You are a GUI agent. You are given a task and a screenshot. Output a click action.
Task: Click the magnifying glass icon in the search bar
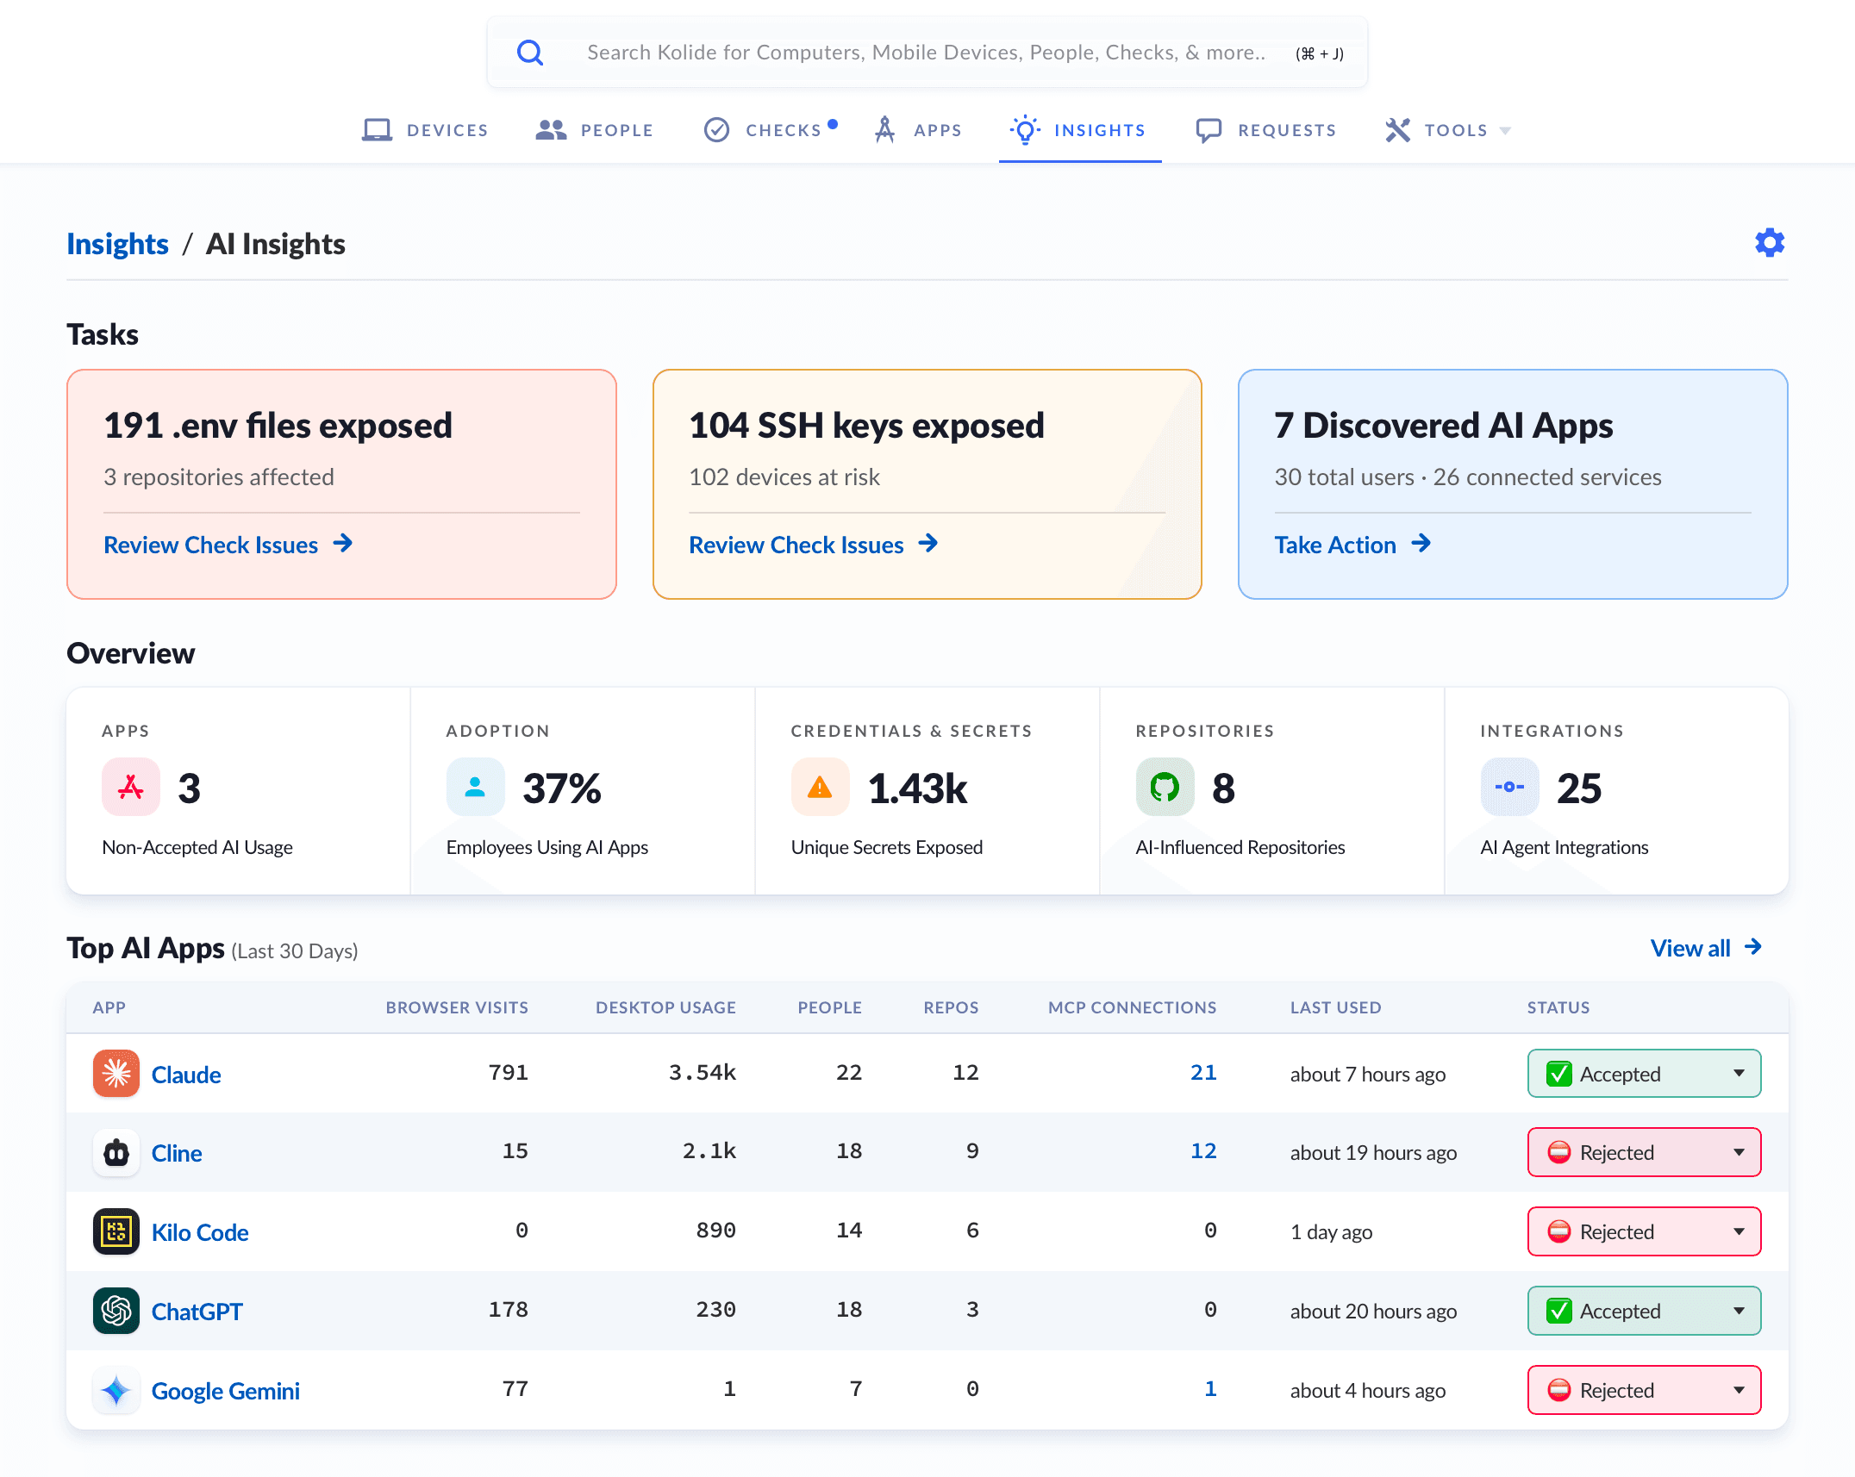point(530,53)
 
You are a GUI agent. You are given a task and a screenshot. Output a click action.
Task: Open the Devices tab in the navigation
point(425,130)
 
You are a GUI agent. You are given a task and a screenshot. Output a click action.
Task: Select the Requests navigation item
point(1265,130)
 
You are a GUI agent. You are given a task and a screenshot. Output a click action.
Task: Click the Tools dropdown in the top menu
point(1448,130)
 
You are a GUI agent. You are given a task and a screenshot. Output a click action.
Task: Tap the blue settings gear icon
point(1770,243)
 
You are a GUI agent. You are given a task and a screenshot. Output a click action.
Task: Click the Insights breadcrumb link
point(117,244)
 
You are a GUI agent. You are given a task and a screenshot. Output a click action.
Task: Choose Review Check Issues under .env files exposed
point(228,545)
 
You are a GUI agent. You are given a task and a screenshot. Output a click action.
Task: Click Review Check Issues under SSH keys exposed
point(813,545)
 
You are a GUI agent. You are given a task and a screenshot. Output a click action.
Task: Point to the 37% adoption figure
point(562,788)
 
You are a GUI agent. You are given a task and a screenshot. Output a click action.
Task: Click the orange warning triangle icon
point(820,787)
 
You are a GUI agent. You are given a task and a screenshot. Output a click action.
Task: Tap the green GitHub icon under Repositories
point(1165,787)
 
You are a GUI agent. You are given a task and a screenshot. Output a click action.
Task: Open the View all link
point(1706,948)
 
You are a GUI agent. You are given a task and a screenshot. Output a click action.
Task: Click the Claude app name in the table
point(186,1075)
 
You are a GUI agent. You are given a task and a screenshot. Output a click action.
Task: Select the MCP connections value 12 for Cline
point(1203,1151)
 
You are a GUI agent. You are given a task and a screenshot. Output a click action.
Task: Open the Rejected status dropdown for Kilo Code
point(1644,1231)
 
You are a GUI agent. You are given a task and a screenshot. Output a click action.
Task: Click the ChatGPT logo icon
point(116,1311)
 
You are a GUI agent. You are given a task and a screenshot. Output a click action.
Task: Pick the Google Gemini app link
point(225,1391)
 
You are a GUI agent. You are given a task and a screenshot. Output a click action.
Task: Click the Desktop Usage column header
point(665,1007)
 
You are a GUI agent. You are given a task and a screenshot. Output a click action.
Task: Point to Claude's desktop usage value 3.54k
point(703,1073)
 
